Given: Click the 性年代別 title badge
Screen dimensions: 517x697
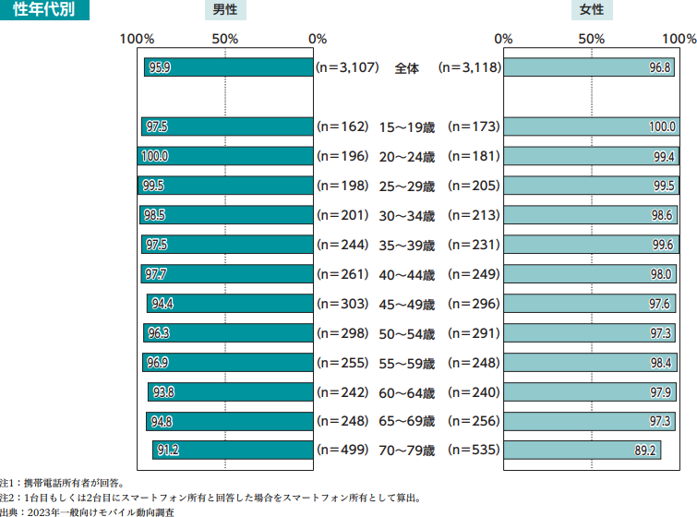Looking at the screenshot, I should [44, 11].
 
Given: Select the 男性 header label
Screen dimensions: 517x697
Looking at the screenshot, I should [225, 11].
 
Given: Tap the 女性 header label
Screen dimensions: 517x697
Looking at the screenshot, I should [592, 11].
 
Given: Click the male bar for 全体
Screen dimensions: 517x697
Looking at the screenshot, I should [229, 67].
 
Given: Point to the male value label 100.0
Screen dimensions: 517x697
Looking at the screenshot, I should [155, 156].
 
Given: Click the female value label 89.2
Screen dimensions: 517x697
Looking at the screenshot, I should [644, 451].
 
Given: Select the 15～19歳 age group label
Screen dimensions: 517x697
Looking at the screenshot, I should [407, 126].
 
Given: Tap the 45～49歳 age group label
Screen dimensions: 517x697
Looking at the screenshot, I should [407, 304].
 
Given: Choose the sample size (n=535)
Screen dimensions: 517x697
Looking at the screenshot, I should [474, 451].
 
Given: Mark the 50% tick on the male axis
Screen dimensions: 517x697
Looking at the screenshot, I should [225, 39].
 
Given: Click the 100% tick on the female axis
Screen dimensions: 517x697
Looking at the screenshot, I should [679, 39].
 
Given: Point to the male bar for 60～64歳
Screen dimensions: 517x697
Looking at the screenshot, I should [231, 391].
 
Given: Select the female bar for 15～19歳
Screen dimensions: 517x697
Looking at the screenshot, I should [591, 126].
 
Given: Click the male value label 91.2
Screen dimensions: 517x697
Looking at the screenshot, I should [168, 451].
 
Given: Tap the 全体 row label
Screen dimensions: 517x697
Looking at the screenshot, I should [407, 67].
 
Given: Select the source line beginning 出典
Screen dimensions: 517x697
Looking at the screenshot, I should [87, 511].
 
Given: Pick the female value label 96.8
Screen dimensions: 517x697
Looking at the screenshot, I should [660, 68].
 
